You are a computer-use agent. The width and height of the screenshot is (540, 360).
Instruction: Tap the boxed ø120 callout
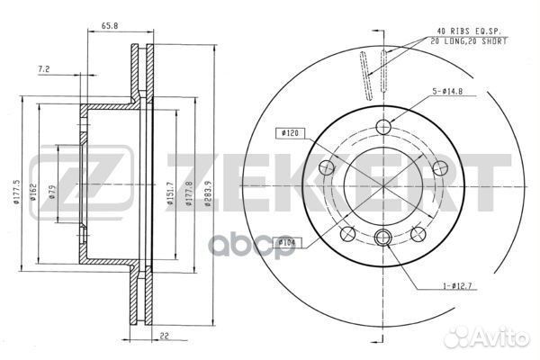pyautogui.click(x=290, y=133)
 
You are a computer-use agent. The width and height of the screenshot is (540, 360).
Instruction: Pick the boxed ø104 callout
pyautogui.click(x=287, y=241)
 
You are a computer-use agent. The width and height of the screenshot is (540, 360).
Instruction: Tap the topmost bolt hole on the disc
pyautogui.click(x=383, y=125)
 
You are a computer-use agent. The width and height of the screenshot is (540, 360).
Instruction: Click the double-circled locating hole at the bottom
pyautogui.click(x=383, y=238)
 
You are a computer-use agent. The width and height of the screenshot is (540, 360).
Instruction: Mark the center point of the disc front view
pyautogui.click(x=383, y=182)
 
